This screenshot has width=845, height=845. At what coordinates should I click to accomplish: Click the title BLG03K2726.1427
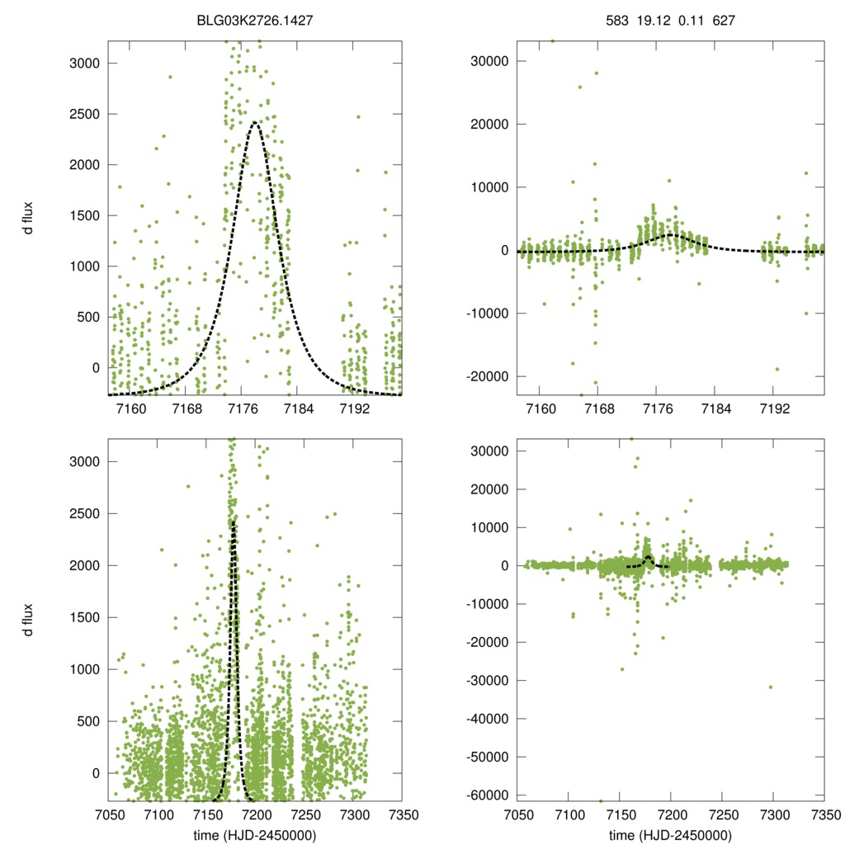[x=256, y=14]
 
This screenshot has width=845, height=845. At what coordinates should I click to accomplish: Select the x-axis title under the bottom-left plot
[x=256, y=835]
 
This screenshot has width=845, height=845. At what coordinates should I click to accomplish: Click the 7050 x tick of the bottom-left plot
[x=108, y=814]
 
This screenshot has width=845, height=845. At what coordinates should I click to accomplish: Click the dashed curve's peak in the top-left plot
[x=255, y=123]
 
